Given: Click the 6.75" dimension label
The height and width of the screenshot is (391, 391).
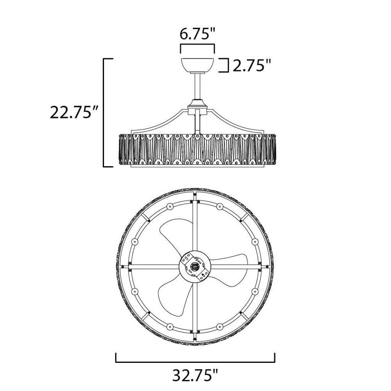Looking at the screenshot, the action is pyautogui.click(x=197, y=34).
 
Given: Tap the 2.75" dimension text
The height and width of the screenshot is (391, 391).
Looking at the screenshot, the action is pyautogui.click(x=251, y=65).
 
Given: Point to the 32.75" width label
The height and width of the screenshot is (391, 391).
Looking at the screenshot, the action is pyautogui.click(x=195, y=375).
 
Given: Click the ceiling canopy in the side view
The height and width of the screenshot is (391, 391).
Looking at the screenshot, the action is pyautogui.click(x=197, y=66).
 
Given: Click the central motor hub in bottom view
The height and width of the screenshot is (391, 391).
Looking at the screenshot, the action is pyautogui.click(x=195, y=267).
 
